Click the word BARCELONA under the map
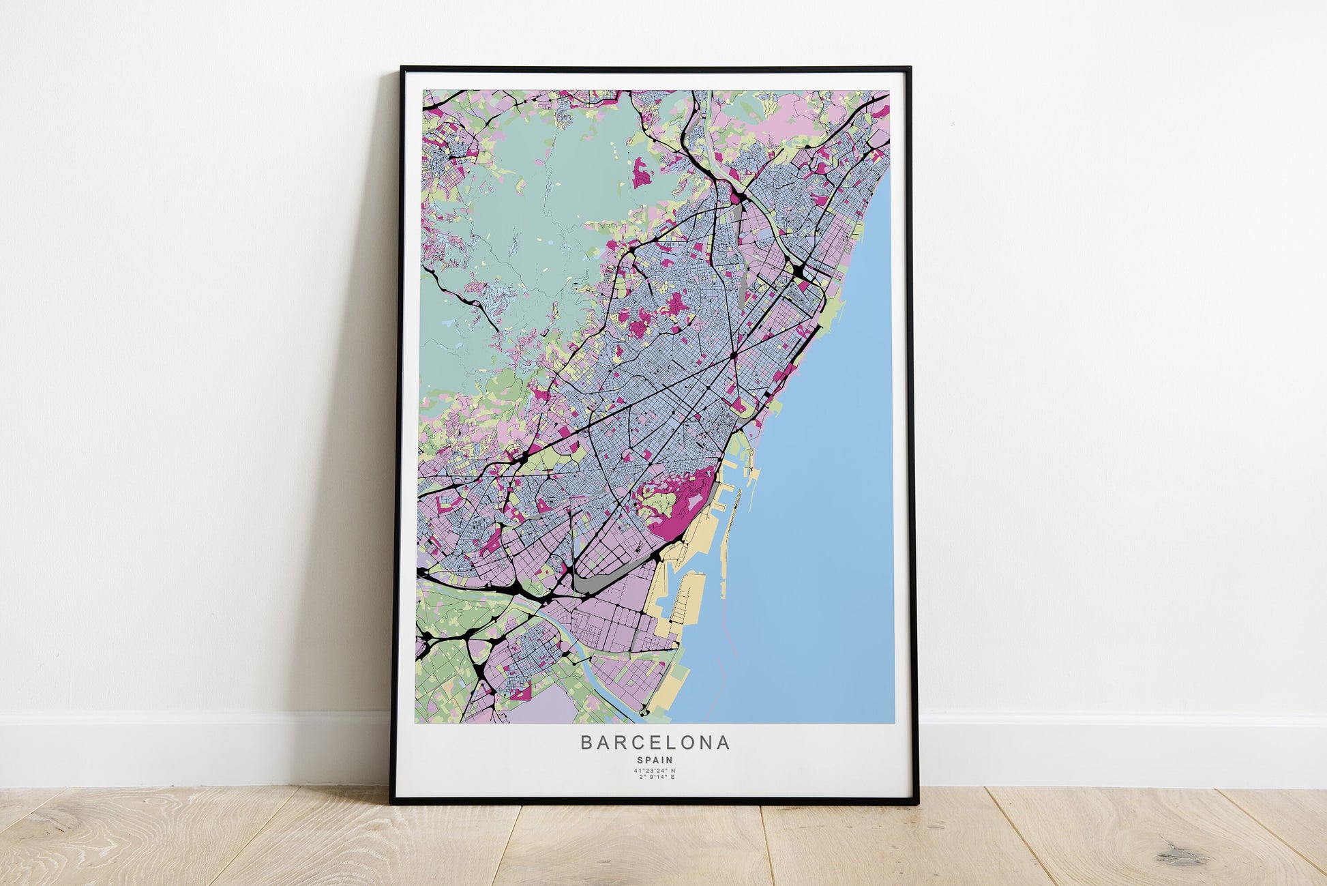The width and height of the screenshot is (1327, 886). click(x=655, y=742)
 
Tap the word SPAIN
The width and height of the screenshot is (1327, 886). click(x=655, y=760)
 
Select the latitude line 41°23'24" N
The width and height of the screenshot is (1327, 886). click(x=655, y=771)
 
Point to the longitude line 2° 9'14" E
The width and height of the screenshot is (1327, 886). click(x=655, y=778)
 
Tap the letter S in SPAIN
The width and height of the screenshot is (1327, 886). click(x=640, y=760)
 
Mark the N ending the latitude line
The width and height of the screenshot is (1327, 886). click(x=673, y=771)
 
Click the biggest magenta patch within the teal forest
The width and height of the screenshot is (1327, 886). click(x=642, y=173)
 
